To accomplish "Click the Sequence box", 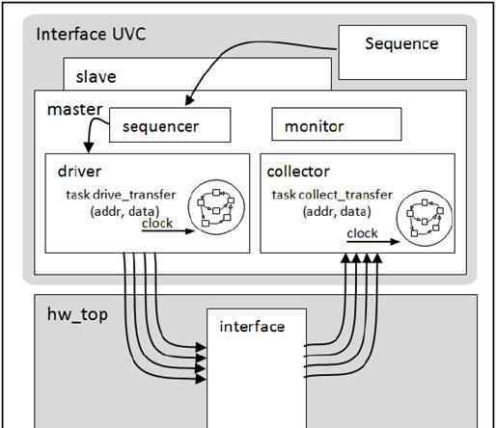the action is pos(402,52).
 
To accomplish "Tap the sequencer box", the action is pos(170,125).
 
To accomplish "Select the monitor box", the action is pos(337,124).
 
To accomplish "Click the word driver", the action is pos(79,171).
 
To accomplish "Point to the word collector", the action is pos(298,172).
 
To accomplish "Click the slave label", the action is pos(96,77).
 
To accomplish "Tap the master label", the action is pos(75,110).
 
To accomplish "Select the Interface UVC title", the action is pos(91,34).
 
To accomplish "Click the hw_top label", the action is pos(77,314).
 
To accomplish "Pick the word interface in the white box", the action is pos(252,327).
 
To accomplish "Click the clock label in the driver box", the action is pos(157,223).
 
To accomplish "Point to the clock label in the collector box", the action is pos(362,233).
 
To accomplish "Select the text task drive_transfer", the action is pos(121,195).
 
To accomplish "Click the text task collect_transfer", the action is pos(332,195).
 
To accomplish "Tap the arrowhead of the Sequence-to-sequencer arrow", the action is pos(189,101).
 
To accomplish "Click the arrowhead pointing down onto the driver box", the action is pos(89,147).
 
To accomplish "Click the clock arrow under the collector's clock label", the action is pos(372,242).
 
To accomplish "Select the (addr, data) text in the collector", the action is pos(337,212).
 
